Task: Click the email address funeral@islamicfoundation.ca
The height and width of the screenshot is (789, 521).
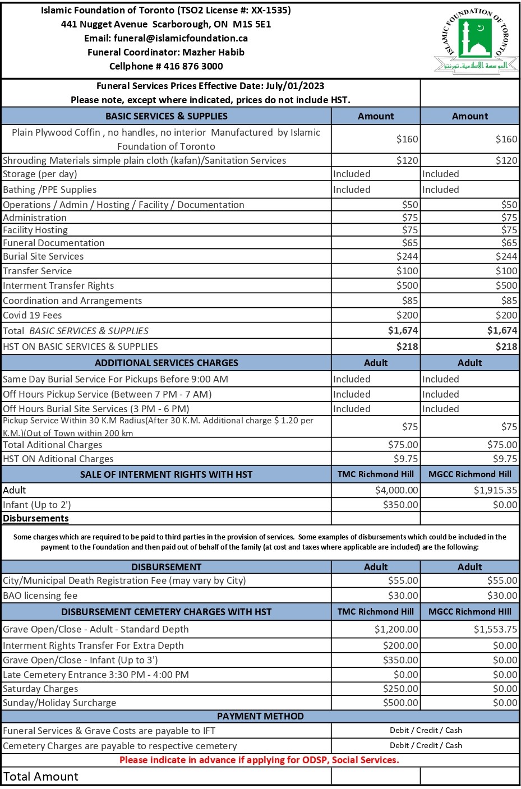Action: pos(180,38)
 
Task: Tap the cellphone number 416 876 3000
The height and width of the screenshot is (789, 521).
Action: pos(193,66)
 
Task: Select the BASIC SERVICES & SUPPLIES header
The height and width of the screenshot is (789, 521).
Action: pos(167,116)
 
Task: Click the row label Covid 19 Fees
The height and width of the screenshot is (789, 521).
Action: pos(33,315)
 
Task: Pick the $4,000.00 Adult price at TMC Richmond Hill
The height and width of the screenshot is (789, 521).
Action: pos(396,490)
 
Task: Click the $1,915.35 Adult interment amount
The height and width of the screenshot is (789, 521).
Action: pos(495,490)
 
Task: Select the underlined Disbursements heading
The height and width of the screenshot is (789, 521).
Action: pos(36,518)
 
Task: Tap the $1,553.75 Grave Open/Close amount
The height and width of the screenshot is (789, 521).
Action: pos(495,629)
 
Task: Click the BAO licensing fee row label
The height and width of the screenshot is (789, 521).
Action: pos(40,596)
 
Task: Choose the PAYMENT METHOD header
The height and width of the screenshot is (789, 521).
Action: pos(260,716)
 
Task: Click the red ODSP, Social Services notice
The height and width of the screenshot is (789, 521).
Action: pos(259,760)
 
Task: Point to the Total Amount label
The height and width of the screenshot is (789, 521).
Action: pos(41,777)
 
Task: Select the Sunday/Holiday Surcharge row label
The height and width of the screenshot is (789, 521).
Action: pos(59,703)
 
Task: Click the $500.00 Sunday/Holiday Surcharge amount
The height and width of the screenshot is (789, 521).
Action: pos(400,703)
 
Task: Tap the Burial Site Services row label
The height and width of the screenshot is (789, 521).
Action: pos(43,256)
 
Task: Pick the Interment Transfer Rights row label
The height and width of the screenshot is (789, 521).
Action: pos(58,285)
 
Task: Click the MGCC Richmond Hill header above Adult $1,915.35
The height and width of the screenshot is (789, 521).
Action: pos(469,474)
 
